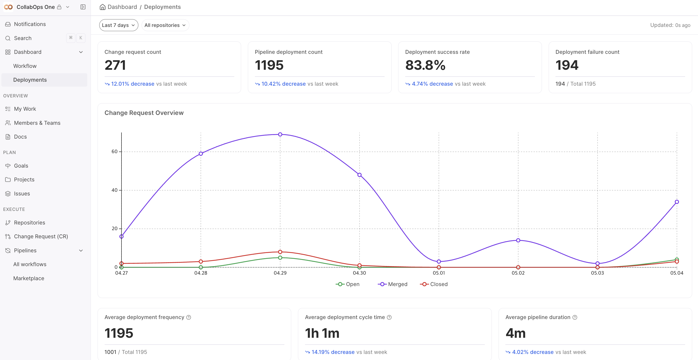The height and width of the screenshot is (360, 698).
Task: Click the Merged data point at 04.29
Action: pyautogui.click(x=280, y=134)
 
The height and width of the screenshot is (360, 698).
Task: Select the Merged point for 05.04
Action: pyautogui.click(x=677, y=202)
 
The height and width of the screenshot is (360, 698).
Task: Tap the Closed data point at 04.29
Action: pyautogui.click(x=280, y=252)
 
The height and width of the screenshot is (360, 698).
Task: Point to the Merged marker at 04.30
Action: pyautogui.click(x=359, y=175)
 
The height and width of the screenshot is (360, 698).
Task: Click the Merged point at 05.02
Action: pyautogui.click(x=518, y=240)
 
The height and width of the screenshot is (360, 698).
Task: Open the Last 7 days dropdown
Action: pyautogui.click(x=119, y=25)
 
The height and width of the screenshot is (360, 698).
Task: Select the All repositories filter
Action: pyautogui.click(x=165, y=25)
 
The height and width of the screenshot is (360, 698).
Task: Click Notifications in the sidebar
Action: pyautogui.click(x=30, y=24)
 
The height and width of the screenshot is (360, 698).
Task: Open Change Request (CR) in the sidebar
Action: pyautogui.click(x=41, y=236)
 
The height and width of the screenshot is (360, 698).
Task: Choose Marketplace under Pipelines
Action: pyautogui.click(x=29, y=279)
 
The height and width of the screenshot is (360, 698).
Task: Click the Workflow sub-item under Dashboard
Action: pyautogui.click(x=25, y=66)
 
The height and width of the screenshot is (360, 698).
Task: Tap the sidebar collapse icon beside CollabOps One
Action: pyautogui.click(x=83, y=7)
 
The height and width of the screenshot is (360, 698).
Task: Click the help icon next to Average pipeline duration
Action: pyautogui.click(x=575, y=317)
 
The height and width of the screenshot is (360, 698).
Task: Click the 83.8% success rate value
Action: pyautogui.click(x=425, y=65)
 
